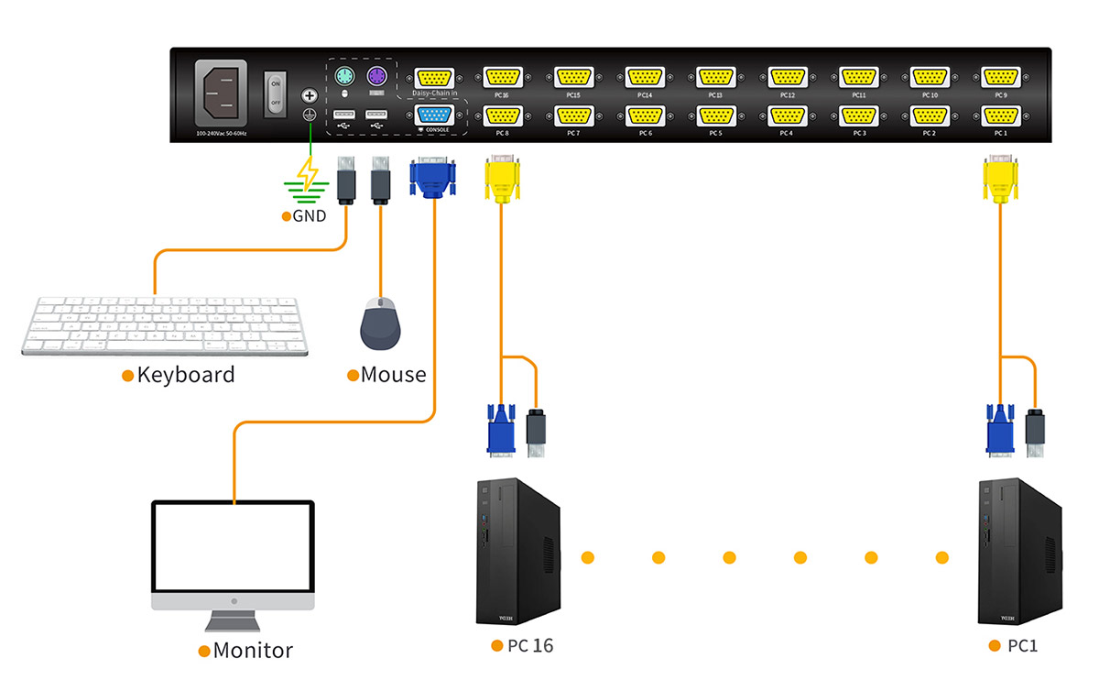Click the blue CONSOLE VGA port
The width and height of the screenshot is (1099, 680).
pyautogui.click(x=432, y=115)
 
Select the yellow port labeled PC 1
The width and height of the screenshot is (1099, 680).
pyautogui.click(x=1000, y=116)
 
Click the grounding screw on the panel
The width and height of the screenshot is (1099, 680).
pyautogui.click(x=310, y=95)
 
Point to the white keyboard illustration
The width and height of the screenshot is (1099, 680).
pyautogui.click(x=166, y=325)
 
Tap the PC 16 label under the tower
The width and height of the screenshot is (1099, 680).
pyautogui.click(x=530, y=646)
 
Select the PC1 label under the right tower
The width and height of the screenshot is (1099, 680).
pyautogui.click(x=1022, y=646)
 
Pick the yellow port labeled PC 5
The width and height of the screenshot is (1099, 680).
pyautogui.click(x=715, y=116)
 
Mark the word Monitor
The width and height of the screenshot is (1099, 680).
pyautogui.click(x=252, y=652)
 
